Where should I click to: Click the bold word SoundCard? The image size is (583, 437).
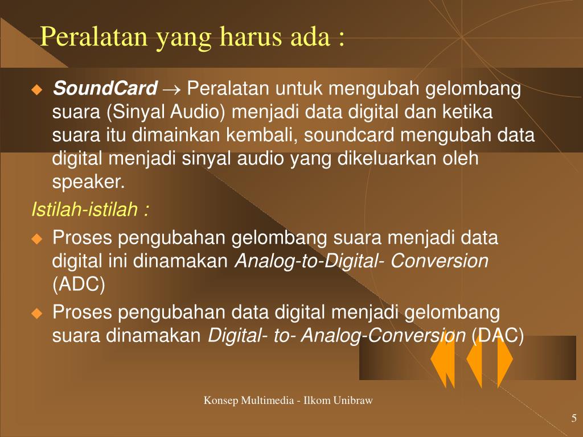click(x=105, y=89)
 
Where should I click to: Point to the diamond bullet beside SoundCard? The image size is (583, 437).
click(x=37, y=89)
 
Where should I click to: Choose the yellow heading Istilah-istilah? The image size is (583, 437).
click(x=89, y=210)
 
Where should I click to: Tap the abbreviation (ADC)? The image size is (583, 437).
click(x=79, y=285)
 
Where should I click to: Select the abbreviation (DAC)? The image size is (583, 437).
click(x=498, y=336)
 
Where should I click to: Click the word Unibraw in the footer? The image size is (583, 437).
click(x=353, y=401)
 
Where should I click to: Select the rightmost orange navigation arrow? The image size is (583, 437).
click(x=504, y=360)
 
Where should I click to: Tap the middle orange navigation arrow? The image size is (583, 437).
click(x=474, y=360)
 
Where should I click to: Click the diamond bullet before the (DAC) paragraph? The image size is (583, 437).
click(x=37, y=313)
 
